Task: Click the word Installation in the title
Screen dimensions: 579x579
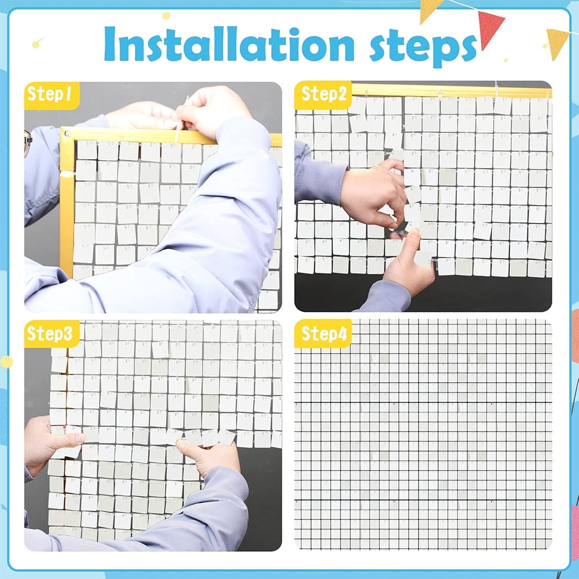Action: (x=229, y=43)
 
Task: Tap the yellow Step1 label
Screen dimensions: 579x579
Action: (x=52, y=95)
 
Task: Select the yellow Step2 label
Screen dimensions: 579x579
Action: (x=323, y=95)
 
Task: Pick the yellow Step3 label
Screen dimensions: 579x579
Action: (x=52, y=334)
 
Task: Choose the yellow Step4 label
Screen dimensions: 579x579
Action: (x=323, y=334)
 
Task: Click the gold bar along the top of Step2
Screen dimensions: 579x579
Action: (x=451, y=91)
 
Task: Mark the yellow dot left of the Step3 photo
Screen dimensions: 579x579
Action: (x=6, y=362)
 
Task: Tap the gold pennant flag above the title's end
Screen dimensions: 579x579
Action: (x=431, y=10)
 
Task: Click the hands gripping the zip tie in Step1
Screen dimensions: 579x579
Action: (x=185, y=111)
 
